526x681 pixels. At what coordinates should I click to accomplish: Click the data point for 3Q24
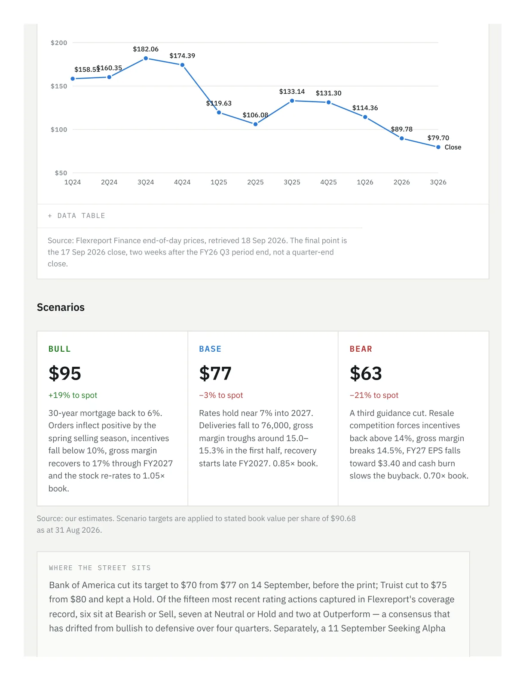(x=146, y=58)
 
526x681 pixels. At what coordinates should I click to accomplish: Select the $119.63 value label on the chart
(x=219, y=103)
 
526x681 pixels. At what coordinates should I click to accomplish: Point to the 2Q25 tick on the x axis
(x=255, y=182)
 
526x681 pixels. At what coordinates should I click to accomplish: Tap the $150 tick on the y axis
(x=59, y=86)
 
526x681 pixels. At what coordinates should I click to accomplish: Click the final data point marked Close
(x=438, y=147)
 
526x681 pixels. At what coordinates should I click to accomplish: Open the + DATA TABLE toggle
(x=76, y=216)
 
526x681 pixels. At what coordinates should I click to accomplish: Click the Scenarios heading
(x=61, y=307)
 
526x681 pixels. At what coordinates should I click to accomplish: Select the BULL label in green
(x=60, y=349)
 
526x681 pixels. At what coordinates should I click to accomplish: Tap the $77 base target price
(x=215, y=373)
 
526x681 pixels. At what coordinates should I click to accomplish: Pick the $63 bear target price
(x=366, y=373)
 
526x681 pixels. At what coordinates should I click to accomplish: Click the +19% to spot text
(x=73, y=395)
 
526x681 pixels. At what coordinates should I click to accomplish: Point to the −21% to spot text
(x=374, y=395)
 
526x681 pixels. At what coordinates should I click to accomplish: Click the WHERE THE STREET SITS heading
(x=100, y=568)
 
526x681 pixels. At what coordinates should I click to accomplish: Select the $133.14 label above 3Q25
(x=292, y=92)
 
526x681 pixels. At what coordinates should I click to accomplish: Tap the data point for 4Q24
(x=182, y=65)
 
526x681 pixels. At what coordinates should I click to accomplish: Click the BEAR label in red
(x=361, y=349)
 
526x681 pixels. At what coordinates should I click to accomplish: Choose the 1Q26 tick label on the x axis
(x=365, y=182)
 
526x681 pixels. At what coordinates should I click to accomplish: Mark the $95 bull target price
(x=65, y=373)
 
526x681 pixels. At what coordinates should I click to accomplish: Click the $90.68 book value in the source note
(x=343, y=518)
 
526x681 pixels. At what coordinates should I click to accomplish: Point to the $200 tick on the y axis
(x=59, y=43)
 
